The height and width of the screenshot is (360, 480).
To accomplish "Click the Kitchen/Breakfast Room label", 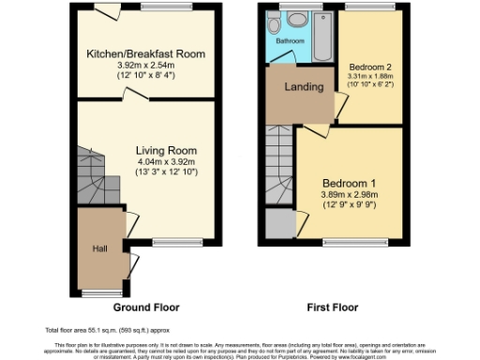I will [144, 53].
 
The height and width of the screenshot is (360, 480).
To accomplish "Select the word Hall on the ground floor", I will [98, 248].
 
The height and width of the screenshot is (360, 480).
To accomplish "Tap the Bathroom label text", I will [290, 42].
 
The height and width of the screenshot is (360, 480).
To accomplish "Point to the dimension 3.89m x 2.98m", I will [349, 193].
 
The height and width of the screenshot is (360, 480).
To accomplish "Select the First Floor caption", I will [333, 307].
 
